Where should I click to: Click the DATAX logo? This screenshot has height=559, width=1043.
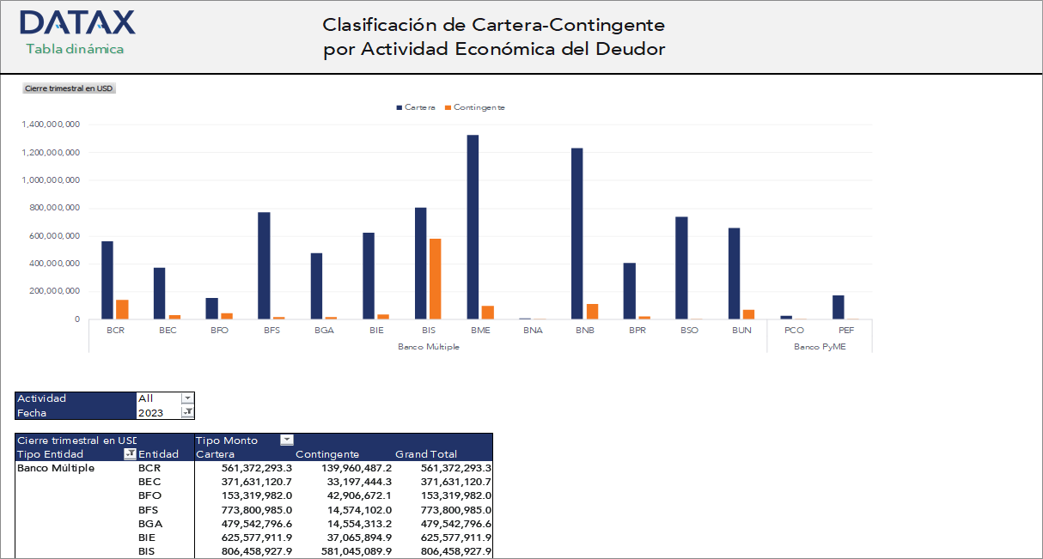pos(77,22)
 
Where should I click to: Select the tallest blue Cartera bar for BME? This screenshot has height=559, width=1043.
pos(473,227)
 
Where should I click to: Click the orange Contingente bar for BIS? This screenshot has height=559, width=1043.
pos(436,278)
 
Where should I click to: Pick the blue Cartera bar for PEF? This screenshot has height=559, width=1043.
pos(839,307)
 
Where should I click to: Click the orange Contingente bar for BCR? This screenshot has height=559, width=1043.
pos(122,309)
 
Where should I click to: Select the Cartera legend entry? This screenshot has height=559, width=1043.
pos(416,107)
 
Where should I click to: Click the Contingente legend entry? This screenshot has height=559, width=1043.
pos(474,107)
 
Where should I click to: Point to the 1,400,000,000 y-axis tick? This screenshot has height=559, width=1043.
pos(51,125)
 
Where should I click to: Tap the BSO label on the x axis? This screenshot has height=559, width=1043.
pos(689,331)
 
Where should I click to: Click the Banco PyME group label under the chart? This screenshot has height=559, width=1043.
pos(819,347)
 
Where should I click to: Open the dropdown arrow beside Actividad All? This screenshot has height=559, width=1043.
pos(187,398)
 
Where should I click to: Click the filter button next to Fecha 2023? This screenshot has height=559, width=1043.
pos(187,412)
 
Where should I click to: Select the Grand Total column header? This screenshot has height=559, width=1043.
pos(426,454)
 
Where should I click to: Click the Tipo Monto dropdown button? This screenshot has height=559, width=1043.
pos(287,441)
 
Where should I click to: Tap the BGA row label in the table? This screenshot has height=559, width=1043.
pos(150,523)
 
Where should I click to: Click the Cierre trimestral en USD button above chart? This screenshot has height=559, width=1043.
pos(69,88)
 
